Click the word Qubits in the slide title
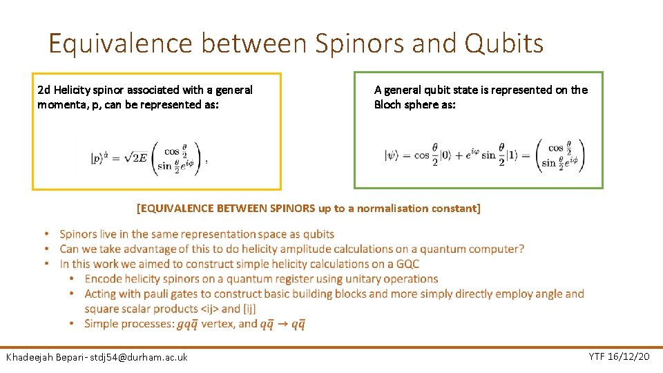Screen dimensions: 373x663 [504, 44]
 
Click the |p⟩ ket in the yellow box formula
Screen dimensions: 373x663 [99, 157]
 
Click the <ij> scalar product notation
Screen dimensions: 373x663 [209, 309]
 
